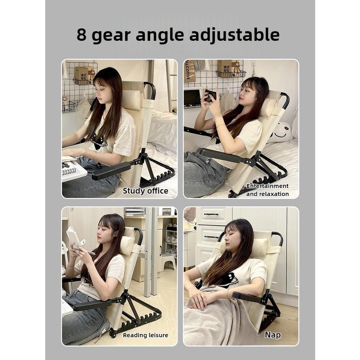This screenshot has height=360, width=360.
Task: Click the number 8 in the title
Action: pos(82,35)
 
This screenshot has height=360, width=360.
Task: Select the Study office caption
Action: pos(145,191)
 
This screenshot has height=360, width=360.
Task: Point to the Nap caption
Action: pos(272,335)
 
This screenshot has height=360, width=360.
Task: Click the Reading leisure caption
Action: pos(145,335)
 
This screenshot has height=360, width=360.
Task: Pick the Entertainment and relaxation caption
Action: pos(267,190)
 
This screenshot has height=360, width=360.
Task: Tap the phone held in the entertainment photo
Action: pos(210,95)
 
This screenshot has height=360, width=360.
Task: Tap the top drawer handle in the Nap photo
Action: pos(211,214)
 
